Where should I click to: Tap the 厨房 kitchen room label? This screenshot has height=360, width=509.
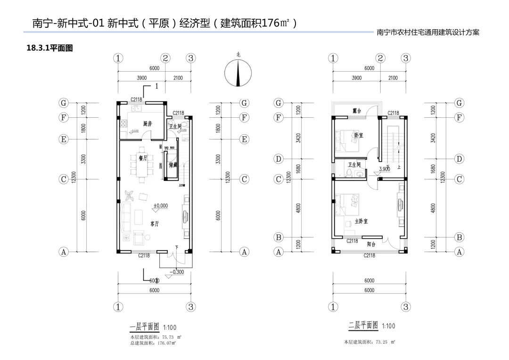click(x=148, y=124)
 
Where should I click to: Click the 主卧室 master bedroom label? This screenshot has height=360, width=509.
click(x=361, y=221)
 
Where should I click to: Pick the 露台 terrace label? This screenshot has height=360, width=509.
click(x=357, y=111)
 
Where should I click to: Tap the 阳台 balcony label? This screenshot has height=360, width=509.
click(x=371, y=244)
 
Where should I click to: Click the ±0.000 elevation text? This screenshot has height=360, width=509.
click(x=161, y=206)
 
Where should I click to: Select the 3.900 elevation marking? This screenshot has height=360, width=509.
click(x=385, y=169)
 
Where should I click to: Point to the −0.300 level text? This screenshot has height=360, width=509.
click(x=177, y=272)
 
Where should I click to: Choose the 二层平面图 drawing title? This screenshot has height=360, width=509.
click(x=363, y=325)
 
